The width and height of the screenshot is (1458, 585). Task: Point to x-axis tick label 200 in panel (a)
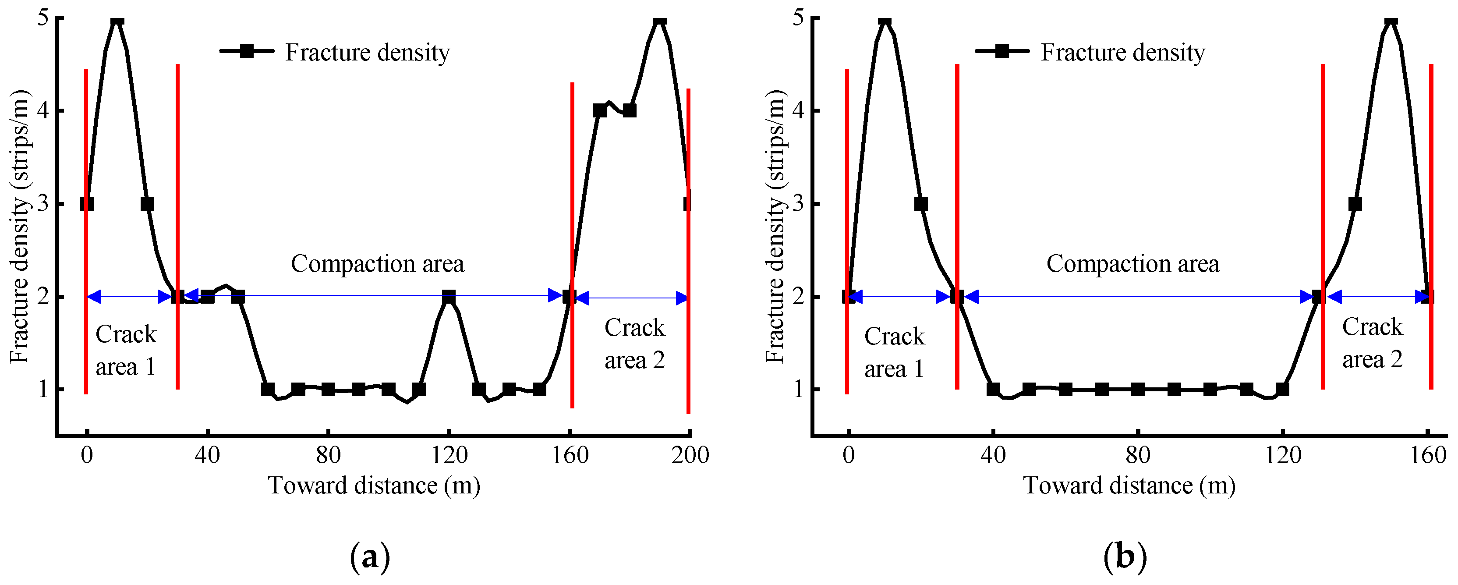point(690,455)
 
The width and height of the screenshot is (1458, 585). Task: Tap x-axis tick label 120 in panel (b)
point(1283,455)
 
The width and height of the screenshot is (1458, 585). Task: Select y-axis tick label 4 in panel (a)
point(43,110)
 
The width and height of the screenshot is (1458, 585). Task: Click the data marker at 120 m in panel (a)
point(448,296)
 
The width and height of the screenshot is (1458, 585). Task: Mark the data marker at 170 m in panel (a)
point(599,110)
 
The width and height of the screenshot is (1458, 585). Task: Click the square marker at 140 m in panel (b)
point(1355,203)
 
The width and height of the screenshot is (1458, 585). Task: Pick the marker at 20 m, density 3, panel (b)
point(921,203)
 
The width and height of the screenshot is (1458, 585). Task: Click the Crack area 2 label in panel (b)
point(1372,343)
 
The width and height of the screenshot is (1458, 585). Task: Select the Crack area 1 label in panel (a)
point(126,350)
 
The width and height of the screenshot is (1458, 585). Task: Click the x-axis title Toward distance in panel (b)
point(1129,486)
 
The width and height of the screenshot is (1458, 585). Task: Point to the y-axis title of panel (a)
point(20,227)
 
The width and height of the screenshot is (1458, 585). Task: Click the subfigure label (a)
point(370,557)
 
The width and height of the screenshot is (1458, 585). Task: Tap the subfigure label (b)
point(1125,557)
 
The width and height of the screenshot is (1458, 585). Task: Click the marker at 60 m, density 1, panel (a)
point(268,389)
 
